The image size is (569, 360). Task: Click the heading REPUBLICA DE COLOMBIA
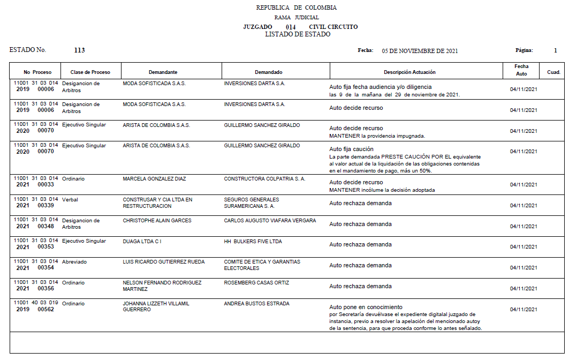[x=296, y=7]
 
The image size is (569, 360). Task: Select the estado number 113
[x=79, y=50]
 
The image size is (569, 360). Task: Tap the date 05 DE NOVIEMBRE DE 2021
[x=420, y=51]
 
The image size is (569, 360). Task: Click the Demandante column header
[x=163, y=72]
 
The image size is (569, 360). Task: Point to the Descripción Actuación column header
[x=409, y=72]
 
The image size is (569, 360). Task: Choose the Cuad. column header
[x=553, y=72]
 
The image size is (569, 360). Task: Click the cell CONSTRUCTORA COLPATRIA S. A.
[x=264, y=179]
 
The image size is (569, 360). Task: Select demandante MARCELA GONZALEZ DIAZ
[x=154, y=179]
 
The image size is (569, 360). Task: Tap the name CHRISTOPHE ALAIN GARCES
[x=157, y=221]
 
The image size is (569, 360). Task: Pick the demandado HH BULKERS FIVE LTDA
[x=253, y=242]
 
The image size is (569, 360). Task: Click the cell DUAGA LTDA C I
[x=142, y=242]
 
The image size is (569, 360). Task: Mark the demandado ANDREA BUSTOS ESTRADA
[x=256, y=304]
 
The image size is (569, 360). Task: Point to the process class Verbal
[x=70, y=200]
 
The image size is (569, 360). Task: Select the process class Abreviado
[x=74, y=262]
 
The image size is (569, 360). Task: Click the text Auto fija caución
[x=351, y=149]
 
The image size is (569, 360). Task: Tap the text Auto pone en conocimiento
[x=366, y=307]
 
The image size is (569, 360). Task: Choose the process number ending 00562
[x=45, y=310]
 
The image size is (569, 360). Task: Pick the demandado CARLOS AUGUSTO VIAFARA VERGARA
[x=270, y=221]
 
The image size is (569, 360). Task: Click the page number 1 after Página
[x=556, y=50]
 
